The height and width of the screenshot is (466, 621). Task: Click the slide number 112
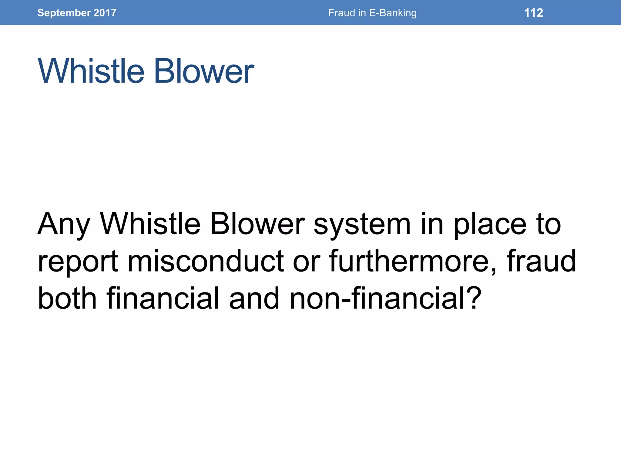(x=533, y=13)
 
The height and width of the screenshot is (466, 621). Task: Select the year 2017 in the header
(x=105, y=13)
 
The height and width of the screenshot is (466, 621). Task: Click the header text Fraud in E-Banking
(x=372, y=13)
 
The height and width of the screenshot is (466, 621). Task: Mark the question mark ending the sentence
(x=473, y=299)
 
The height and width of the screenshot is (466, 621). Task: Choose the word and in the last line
(x=254, y=299)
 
